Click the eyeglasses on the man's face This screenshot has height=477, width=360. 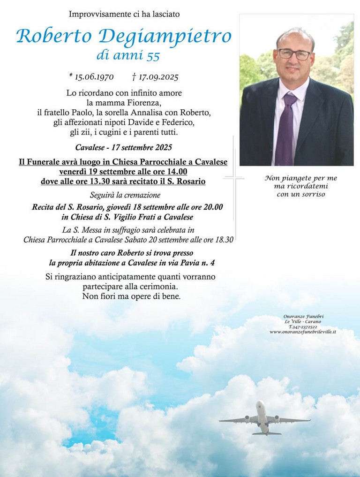[294, 54]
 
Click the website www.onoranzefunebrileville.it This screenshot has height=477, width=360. [302, 332]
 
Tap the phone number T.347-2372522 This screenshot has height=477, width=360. [303, 326]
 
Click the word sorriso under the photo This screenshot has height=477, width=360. [313, 194]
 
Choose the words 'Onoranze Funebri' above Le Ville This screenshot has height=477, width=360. [303, 316]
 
